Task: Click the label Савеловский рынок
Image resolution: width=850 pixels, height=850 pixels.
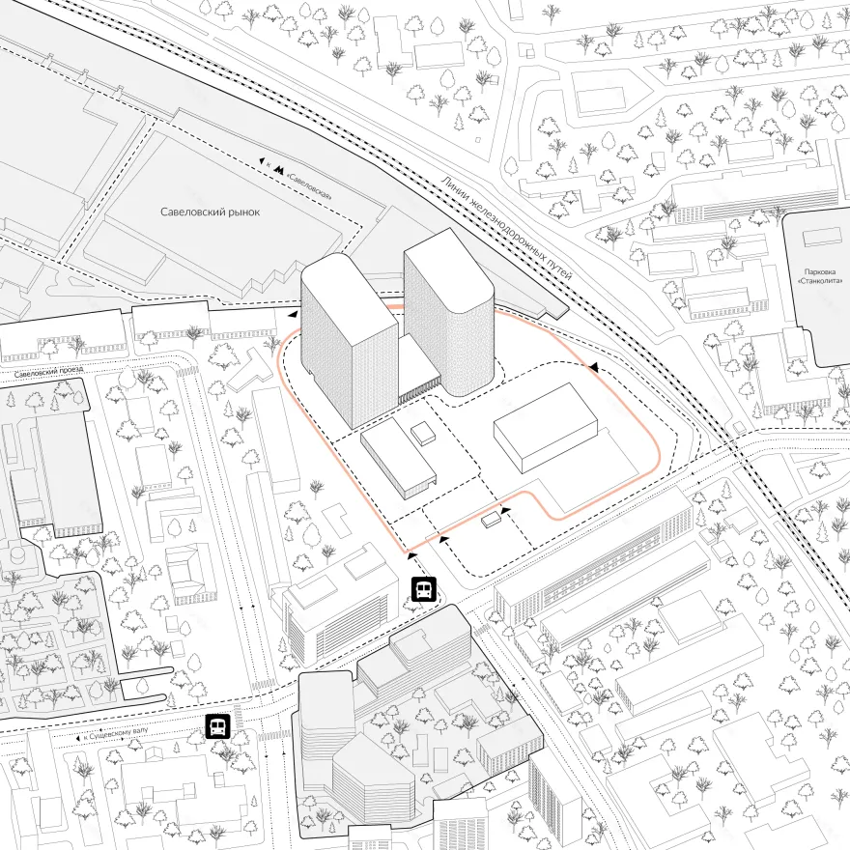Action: pyautogui.click(x=211, y=211)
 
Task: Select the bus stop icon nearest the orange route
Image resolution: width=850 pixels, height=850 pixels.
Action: pyautogui.click(x=423, y=588)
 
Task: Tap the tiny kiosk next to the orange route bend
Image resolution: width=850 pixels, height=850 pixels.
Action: pyautogui.click(x=492, y=519)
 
